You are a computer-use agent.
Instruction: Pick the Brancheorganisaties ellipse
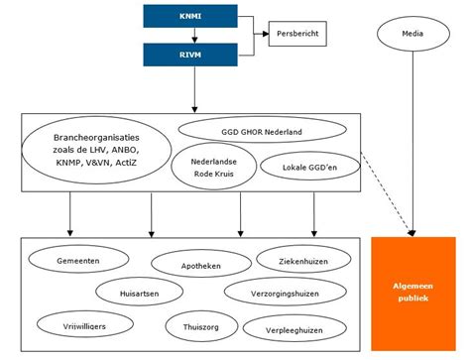point(97,149)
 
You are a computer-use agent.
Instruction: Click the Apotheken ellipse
point(193,267)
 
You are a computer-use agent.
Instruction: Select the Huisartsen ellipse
point(141,293)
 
